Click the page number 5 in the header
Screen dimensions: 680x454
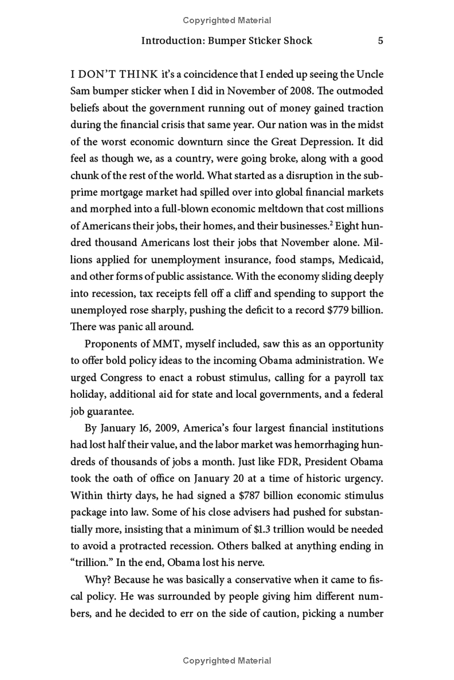coord(381,41)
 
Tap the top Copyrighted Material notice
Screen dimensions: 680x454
coord(227,20)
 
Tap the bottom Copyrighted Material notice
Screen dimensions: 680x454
coord(227,661)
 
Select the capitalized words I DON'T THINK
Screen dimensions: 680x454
coord(111,75)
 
